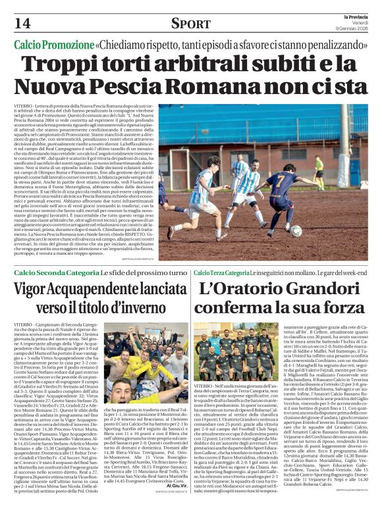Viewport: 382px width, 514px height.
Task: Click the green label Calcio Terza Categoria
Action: click(x=225, y=272)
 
